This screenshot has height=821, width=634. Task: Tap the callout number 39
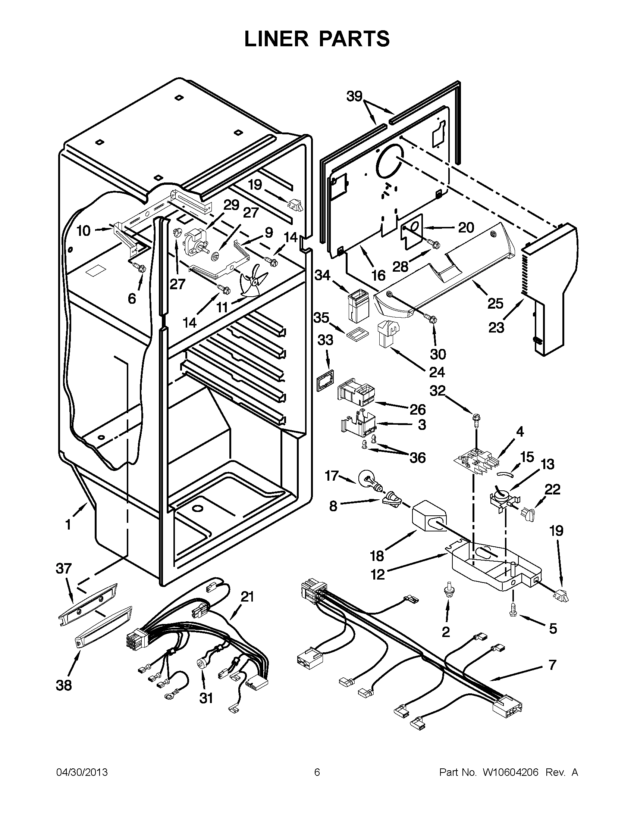point(354,97)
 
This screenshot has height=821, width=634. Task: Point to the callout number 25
point(495,303)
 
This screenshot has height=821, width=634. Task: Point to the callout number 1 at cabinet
point(68,524)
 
